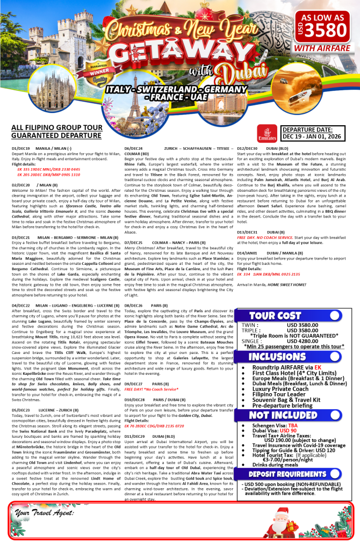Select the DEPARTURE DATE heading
pyautogui.click(x=307, y=129)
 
